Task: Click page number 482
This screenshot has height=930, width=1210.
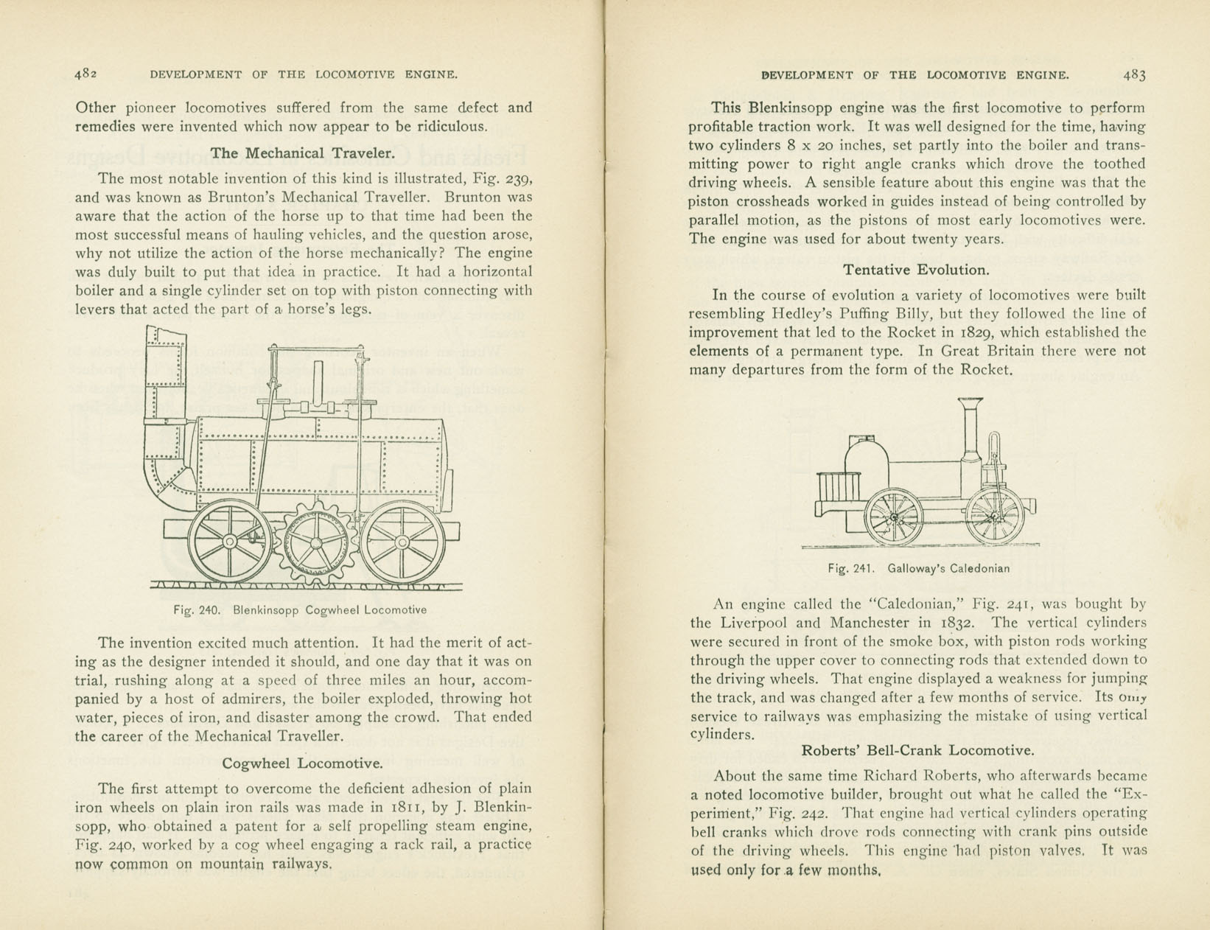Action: pos(85,74)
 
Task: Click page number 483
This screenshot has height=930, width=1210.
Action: pos(1134,74)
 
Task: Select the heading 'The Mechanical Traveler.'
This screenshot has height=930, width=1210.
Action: pos(303,153)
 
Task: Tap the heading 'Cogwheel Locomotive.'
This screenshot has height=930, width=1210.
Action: pos(303,763)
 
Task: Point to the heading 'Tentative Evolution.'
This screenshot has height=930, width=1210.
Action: pos(917,270)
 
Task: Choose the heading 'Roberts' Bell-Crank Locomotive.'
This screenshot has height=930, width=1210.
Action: pos(917,751)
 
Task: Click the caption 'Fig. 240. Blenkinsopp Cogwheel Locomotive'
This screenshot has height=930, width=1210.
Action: pos(300,610)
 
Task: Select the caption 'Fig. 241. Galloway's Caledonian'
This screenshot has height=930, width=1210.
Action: pos(918,569)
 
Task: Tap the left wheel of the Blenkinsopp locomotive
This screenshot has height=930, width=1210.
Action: pos(230,542)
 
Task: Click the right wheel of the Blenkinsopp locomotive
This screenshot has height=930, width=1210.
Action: pos(402,543)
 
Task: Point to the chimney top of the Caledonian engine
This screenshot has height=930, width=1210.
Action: pos(971,402)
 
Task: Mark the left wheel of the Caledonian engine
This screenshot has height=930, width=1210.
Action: pos(895,517)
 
